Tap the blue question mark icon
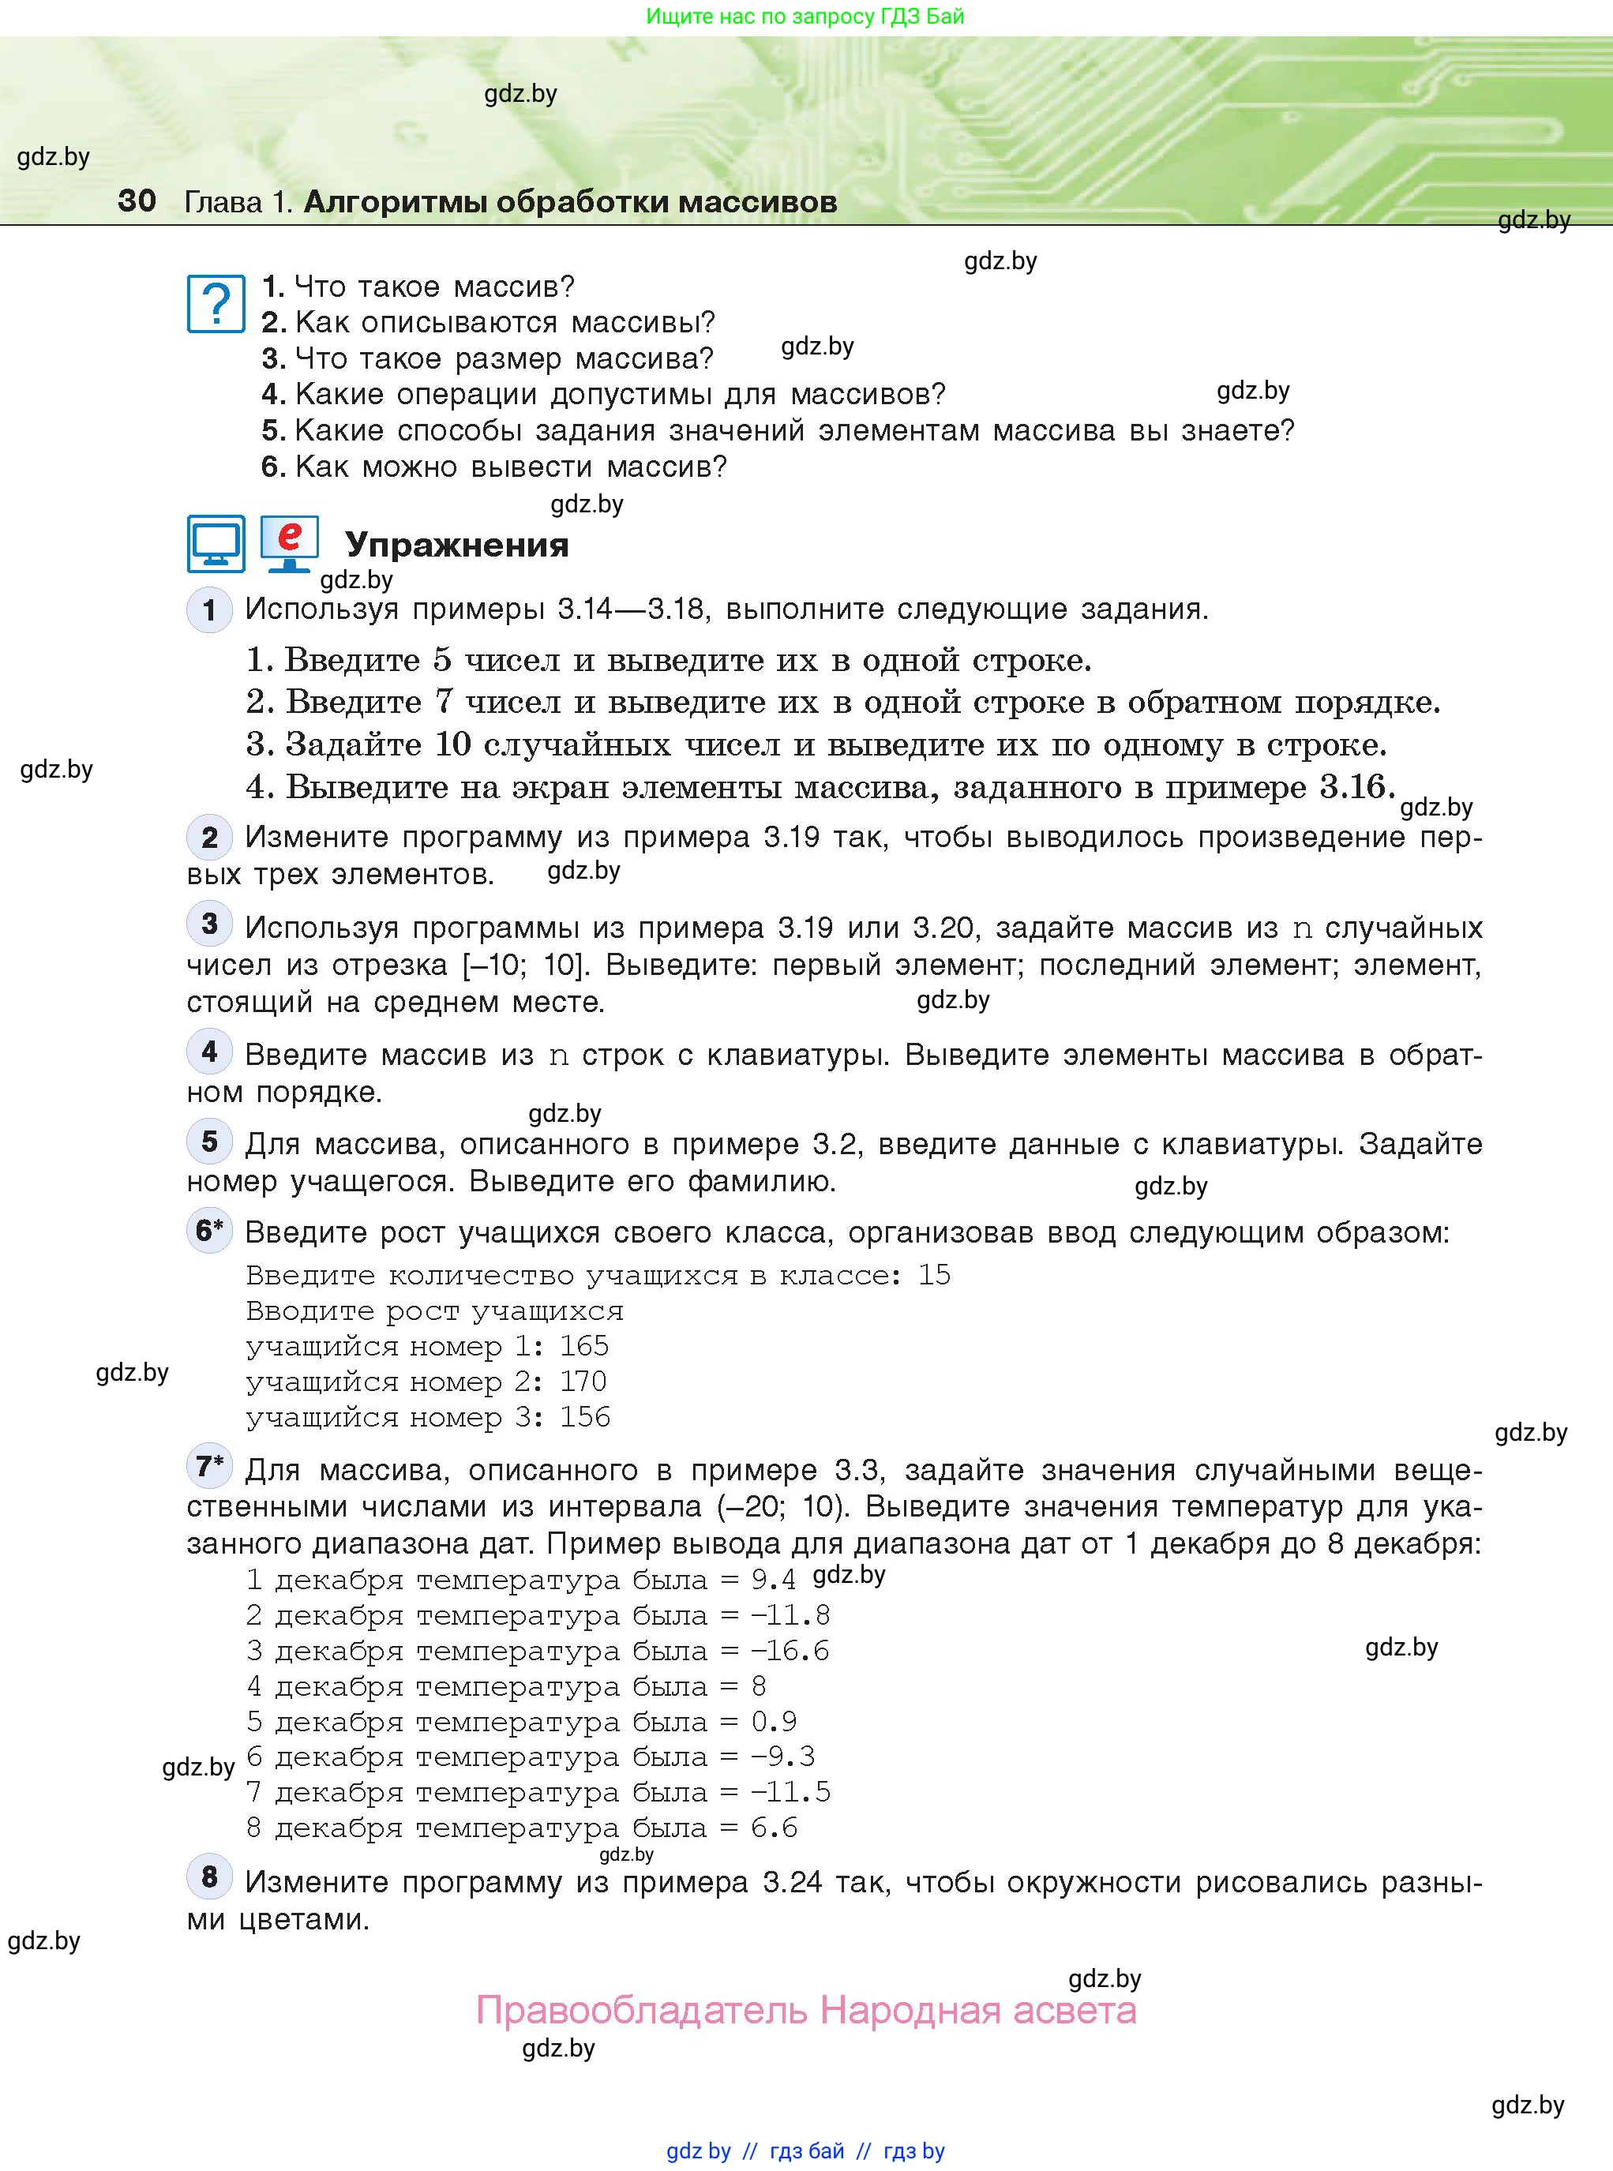click(x=216, y=304)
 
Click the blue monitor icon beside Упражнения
click(x=216, y=544)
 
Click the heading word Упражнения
click(x=457, y=545)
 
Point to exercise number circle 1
click(x=209, y=610)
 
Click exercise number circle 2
click(x=209, y=838)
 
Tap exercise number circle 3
click(x=209, y=924)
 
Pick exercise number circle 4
click(x=209, y=1052)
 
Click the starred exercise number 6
click(x=209, y=1231)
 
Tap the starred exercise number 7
click(x=209, y=1466)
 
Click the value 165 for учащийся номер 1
click(x=584, y=1346)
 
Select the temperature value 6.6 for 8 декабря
click(x=775, y=1828)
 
